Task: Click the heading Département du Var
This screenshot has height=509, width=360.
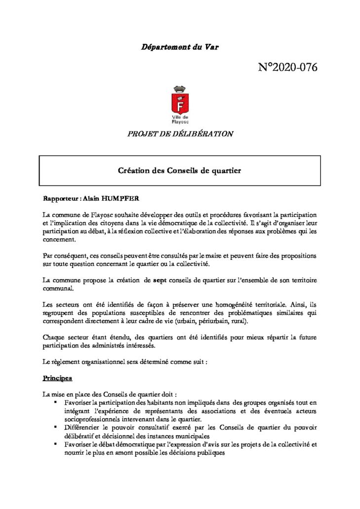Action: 180,47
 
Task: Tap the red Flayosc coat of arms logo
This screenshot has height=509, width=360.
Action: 179,100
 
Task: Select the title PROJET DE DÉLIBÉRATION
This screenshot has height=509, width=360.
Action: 180,133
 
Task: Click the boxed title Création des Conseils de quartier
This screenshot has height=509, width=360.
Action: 179,170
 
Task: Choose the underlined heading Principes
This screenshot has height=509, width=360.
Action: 57,378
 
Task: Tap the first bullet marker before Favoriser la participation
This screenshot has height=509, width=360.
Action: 56,403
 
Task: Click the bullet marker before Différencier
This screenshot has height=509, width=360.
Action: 56,426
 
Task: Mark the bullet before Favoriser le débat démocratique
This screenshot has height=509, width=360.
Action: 56,444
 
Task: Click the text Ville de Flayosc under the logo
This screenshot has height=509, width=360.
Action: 179,119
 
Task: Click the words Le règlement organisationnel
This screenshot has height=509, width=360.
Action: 87,362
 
